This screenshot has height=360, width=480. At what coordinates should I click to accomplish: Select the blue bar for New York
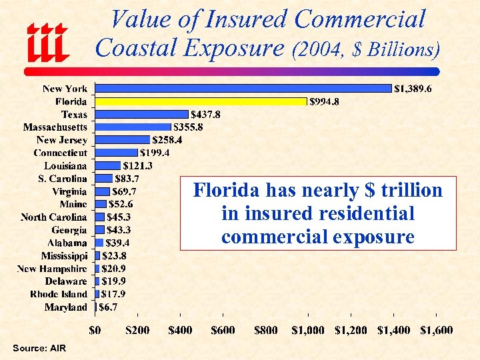click(243, 88)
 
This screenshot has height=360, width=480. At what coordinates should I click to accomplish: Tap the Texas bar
click(142, 114)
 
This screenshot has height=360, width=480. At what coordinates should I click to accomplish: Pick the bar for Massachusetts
click(133, 127)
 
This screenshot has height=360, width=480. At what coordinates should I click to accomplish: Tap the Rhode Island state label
click(59, 294)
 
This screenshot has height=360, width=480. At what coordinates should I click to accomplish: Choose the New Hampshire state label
click(52, 269)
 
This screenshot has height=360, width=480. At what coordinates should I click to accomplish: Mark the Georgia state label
click(69, 230)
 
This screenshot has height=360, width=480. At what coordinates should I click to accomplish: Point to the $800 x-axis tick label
click(266, 330)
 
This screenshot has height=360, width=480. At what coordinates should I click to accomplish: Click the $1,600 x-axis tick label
click(436, 330)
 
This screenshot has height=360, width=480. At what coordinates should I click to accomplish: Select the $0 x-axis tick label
click(96, 330)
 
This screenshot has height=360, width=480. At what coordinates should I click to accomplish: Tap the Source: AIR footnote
click(39, 349)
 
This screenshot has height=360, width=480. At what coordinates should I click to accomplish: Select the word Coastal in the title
click(132, 48)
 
